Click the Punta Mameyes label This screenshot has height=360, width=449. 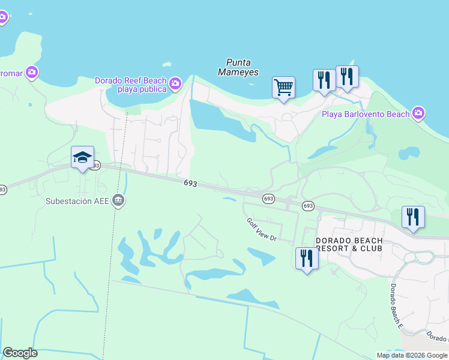(243, 67)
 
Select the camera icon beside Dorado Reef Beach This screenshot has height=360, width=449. (175, 83)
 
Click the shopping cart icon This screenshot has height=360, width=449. (283, 87)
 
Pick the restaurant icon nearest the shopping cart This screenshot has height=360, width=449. (324, 80)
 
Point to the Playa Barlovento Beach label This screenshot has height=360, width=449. (366, 114)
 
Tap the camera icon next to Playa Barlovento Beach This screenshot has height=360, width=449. (418, 113)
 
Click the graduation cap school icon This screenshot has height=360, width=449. (82, 157)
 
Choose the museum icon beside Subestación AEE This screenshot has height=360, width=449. (118, 200)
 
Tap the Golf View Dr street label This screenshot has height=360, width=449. (261, 229)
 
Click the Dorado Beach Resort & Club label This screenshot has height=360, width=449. (349, 244)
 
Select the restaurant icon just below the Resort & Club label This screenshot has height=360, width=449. (307, 258)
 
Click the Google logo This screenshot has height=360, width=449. (20, 353)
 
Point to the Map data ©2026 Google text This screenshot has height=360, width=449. (412, 355)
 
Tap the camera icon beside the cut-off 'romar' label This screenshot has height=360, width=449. (31, 73)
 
